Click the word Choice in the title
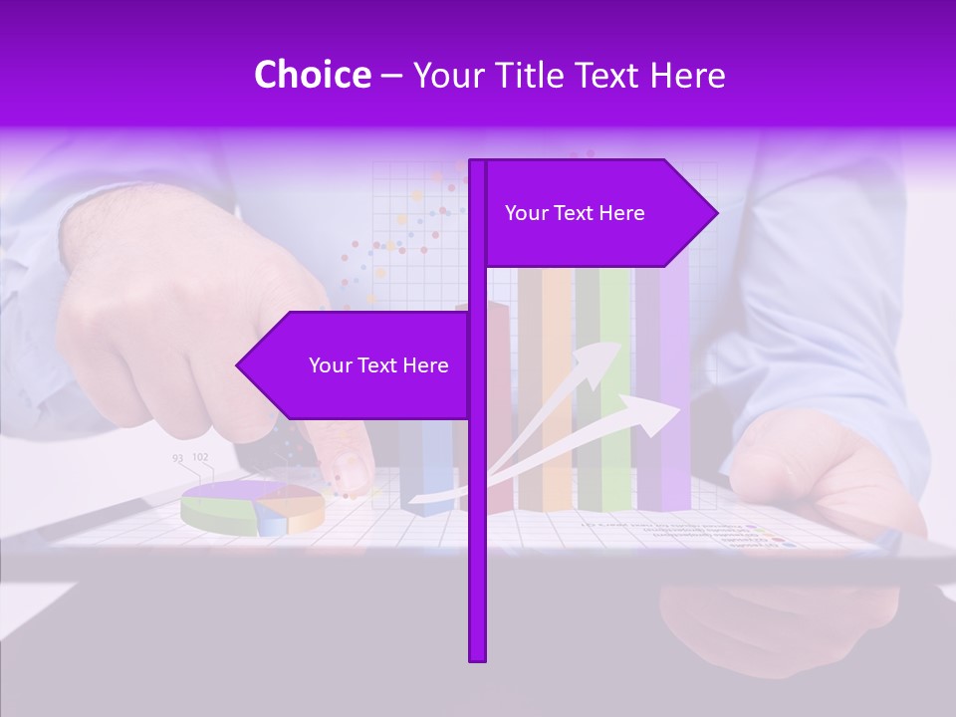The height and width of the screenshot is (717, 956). click(312, 76)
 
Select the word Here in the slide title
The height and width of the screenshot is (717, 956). click(687, 76)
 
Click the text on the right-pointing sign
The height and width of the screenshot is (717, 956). click(575, 213)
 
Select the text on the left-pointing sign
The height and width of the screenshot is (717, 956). click(378, 365)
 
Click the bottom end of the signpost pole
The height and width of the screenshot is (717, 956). click(477, 656)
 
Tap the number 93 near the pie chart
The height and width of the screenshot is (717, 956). click(177, 458)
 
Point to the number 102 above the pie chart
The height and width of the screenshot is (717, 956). click(200, 457)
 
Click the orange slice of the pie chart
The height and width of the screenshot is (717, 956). click(299, 508)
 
